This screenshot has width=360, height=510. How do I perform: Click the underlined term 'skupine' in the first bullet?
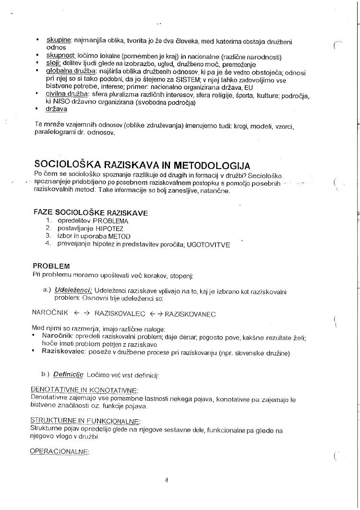58,39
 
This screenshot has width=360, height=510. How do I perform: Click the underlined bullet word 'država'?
56,109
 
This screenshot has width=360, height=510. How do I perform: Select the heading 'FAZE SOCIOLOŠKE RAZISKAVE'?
91,212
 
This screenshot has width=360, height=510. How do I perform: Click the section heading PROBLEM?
51,266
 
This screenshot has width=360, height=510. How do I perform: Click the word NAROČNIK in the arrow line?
49,314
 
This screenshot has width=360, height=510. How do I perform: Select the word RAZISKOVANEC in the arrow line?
190,314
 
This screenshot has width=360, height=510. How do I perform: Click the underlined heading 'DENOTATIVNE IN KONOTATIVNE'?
84,390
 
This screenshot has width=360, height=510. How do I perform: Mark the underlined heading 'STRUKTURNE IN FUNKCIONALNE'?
85,421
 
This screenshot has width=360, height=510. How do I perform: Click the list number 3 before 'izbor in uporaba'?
48,236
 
